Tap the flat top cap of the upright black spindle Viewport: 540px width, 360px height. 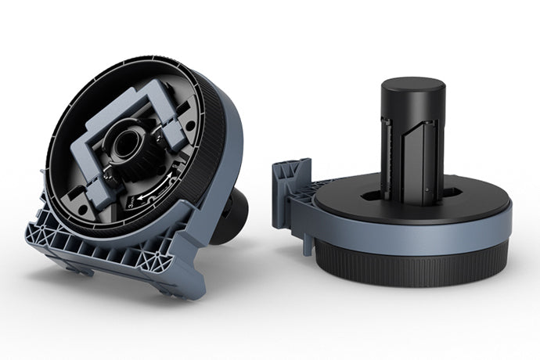tap(413, 85)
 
